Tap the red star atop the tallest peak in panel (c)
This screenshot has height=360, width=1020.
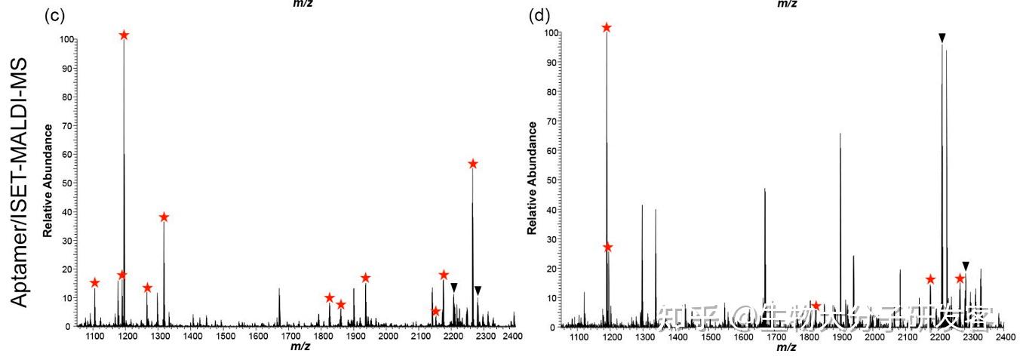pyautogui.click(x=124, y=35)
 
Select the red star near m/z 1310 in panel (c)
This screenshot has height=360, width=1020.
pyautogui.click(x=164, y=217)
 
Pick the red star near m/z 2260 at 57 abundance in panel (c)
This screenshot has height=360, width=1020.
pyautogui.click(x=473, y=164)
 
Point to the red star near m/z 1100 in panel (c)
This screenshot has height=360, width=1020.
pyautogui.click(x=94, y=283)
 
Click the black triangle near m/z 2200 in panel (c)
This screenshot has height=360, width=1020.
pyautogui.click(x=453, y=287)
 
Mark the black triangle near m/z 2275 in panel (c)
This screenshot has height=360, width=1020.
pyautogui.click(x=478, y=291)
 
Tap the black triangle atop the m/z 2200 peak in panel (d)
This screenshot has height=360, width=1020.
pyautogui.click(x=942, y=37)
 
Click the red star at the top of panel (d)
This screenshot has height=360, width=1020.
pyautogui.click(x=607, y=28)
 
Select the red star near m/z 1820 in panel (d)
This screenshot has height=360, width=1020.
pyautogui.click(x=816, y=306)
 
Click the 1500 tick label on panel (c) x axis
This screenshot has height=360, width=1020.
pyautogui.click(x=225, y=335)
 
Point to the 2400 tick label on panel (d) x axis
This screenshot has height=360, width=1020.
pyautogui.click(x=1005, y=335)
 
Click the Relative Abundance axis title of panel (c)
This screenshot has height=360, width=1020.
pyautogui.click(x=48, y=181)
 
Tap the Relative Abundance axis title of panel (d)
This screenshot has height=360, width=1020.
pyautogui.click(x=533, y=177)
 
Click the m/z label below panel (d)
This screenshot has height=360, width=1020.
pyautogui.click(x=785, y=346)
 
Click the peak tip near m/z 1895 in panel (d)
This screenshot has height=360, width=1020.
pyautogui.click(x=840, y=134)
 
